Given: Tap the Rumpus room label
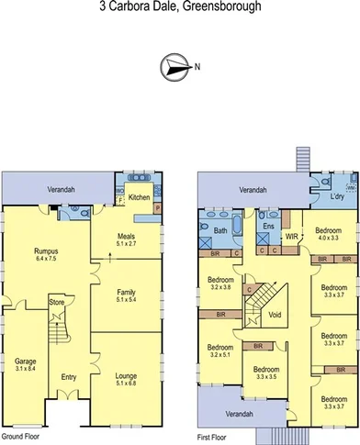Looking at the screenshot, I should (46, 251).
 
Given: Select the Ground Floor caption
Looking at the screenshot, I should (20, 437).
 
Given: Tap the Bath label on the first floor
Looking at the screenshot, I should (220, 231).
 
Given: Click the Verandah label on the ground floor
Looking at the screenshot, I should (62, 190).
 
